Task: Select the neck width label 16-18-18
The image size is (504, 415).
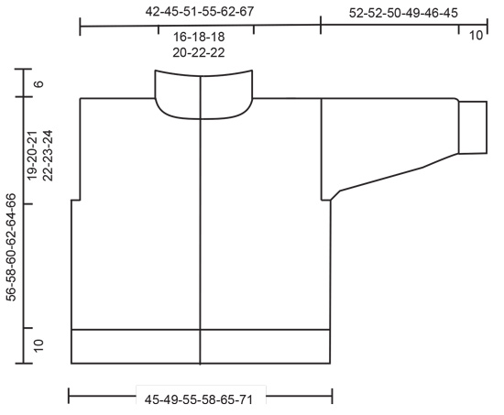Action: [202, 37]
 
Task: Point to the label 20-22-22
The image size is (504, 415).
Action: [202, 52]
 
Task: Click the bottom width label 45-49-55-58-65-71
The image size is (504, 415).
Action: [200, 399]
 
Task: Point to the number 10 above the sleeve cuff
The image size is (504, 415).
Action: [476, 36]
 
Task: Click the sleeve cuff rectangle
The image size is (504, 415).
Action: [472, 126]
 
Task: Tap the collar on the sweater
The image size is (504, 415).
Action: [203, 95]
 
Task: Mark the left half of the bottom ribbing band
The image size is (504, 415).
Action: [136, 345]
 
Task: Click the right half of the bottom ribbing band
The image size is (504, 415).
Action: [266, 345]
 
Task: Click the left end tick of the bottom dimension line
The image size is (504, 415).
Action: [70, 397]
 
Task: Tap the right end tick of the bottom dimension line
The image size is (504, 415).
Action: [332, 397]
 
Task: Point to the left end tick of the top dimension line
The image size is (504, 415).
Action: [81, 27]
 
